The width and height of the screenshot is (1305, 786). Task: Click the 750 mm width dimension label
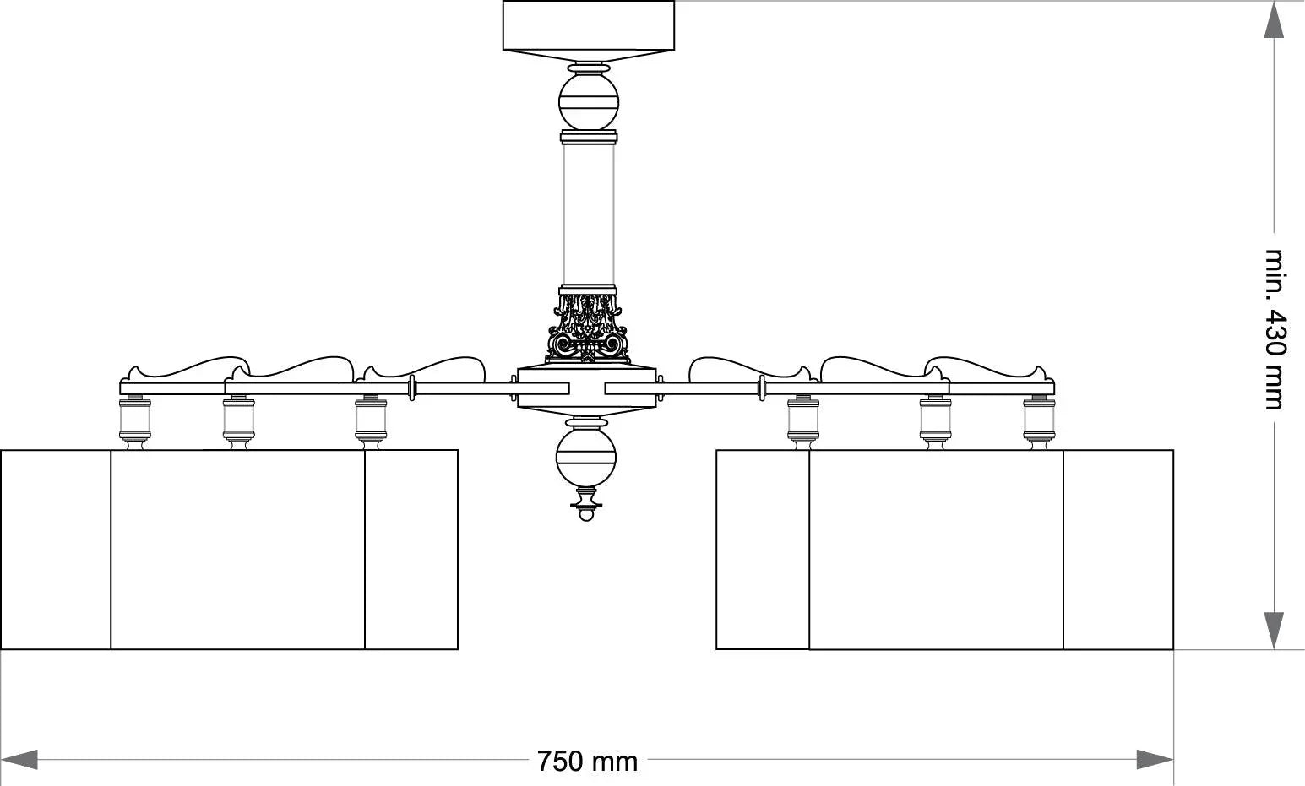click(x=587, y=761)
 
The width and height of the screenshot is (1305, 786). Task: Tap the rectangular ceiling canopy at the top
click(x=589, y=25)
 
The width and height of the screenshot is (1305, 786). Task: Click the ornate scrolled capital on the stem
click(x=589, y=328)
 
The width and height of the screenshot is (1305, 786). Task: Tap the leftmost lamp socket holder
click(x=135, y=420)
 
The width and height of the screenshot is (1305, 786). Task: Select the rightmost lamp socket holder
click(x=1039, y=420)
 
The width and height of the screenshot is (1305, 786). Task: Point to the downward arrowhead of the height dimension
click(x=1274, y=631)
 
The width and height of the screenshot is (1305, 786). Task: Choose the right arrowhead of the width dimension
click(x=1155, y=759)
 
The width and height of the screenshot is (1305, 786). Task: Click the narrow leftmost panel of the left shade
click(x=56, y=550)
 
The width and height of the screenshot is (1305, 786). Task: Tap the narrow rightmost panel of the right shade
click(x=1118, y=550)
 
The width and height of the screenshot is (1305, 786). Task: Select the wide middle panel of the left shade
click(x=237, y=550)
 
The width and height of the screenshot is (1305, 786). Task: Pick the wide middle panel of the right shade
click(x=936, y=550)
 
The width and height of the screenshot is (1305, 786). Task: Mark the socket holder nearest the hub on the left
click(x=371, y=420)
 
